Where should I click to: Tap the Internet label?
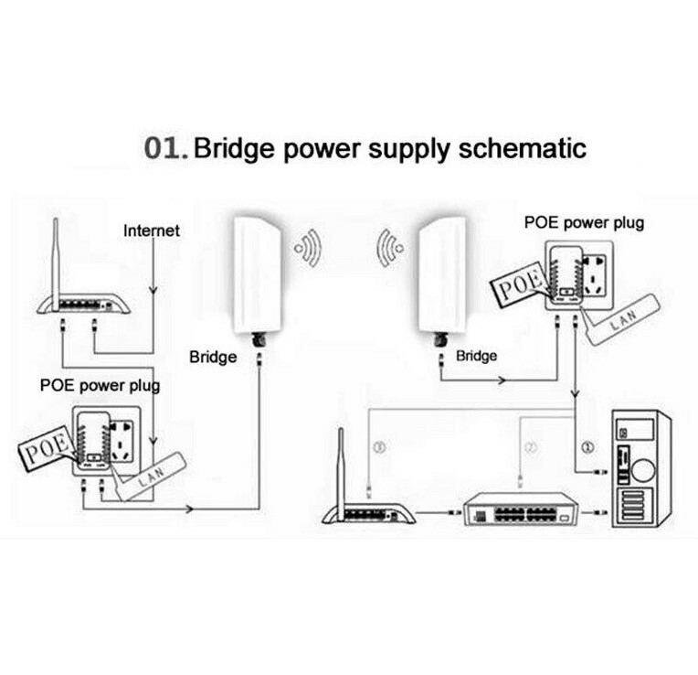(x=152, y=230)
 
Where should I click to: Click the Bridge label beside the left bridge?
(x=213, y=355)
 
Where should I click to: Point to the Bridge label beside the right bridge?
(x=476, y=355)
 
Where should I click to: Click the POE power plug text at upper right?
(x=584, y=221)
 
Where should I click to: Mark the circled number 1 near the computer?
(x=588, y=447)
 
